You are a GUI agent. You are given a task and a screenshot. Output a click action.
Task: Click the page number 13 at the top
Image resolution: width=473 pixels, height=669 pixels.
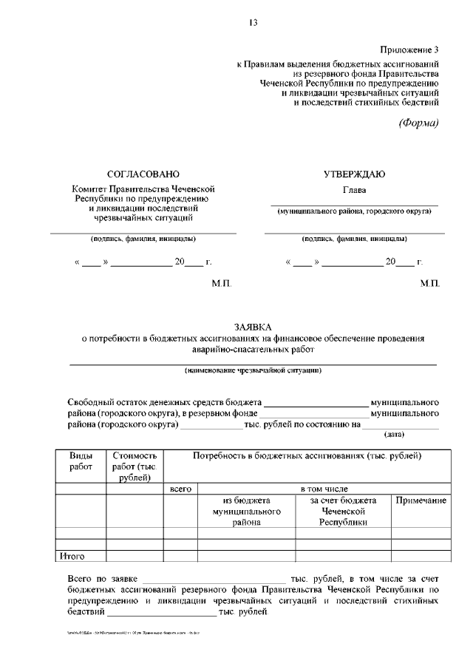point(252,23)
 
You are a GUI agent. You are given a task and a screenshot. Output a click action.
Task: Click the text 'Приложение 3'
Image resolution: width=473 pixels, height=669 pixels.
point(409,50)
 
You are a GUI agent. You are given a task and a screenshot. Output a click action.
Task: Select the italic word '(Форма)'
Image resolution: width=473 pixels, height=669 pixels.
point(419,123)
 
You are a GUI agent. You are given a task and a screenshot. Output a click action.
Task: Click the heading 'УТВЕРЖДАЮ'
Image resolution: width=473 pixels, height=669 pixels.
point(354,174)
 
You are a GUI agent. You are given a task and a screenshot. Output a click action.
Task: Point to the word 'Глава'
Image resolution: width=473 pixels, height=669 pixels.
point(354,189)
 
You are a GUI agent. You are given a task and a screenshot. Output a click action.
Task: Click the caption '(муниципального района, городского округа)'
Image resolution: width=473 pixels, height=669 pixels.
point(354,211)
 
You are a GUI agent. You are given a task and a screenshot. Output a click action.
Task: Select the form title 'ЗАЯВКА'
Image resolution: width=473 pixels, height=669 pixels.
point(252,327)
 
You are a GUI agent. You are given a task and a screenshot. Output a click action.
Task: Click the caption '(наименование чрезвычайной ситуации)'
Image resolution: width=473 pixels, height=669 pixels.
point(252,370)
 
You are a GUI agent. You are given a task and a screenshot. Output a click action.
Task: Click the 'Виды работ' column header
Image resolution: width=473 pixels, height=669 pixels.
point(81,462)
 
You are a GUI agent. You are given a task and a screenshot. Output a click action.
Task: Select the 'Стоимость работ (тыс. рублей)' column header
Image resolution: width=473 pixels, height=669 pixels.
point(135,467)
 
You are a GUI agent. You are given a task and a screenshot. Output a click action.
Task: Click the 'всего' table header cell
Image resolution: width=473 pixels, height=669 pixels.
point(180,489)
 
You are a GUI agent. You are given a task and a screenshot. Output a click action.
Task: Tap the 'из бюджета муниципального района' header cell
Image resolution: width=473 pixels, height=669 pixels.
point(246,511)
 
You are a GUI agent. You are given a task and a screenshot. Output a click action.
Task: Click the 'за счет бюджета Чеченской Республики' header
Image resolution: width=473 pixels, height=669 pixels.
point(343,511)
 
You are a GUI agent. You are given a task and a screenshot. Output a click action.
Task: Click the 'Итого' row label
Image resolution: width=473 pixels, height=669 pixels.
point(72,556)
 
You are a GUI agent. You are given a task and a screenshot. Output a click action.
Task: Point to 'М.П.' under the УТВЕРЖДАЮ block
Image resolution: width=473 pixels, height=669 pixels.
point(429,285)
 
